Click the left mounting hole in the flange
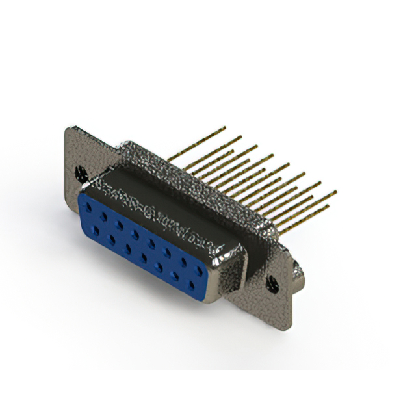point(81,173)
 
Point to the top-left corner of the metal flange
point(67,128)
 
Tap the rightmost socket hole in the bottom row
point(190,284)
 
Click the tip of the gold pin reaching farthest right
point(335,192)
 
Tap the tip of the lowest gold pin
point(328,207)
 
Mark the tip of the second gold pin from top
point(240,137)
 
